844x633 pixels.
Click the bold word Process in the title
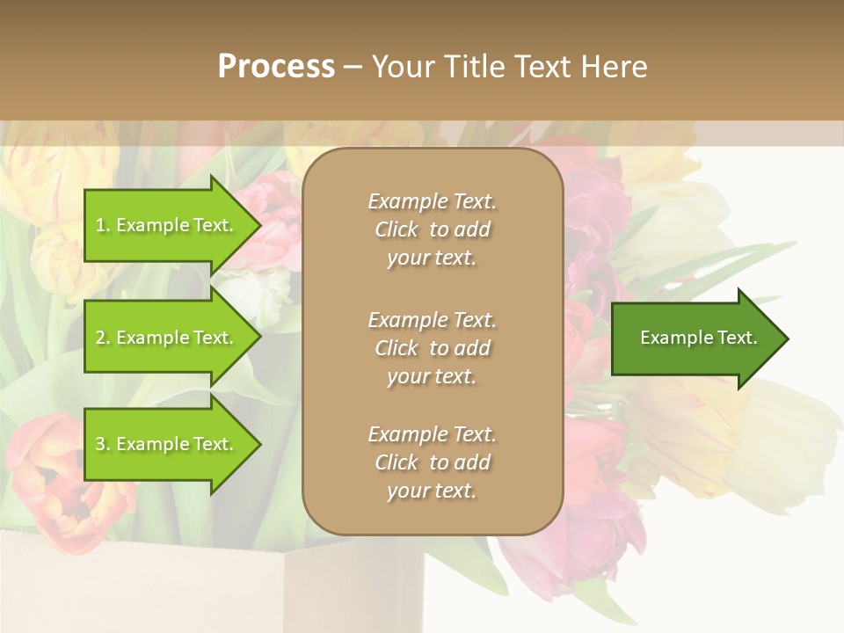point(276,67)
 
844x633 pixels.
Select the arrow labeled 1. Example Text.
point(167,225)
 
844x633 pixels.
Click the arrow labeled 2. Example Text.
point(167,338)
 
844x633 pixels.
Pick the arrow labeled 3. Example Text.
point(167,445)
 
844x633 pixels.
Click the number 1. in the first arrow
point(103,225)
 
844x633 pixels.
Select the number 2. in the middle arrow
point(103,338)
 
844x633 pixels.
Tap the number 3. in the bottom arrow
point(103,445)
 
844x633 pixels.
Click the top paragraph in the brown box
point(432,229)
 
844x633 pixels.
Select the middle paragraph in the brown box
point(432,348)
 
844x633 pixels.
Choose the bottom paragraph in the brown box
point(432,462)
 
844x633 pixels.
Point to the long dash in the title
point(352,68)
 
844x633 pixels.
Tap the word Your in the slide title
point(403,67)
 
